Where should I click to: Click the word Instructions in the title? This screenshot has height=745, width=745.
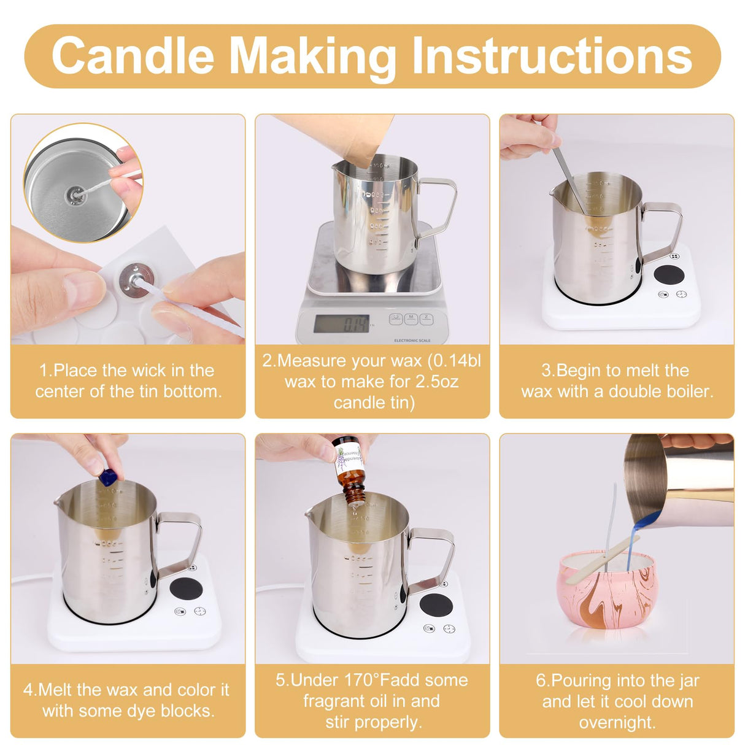552,56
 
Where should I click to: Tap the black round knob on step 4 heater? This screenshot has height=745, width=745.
186,588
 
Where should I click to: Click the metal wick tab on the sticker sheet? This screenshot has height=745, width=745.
136,279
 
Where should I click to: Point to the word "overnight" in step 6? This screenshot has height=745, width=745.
617,722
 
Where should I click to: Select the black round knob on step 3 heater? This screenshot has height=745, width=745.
670,274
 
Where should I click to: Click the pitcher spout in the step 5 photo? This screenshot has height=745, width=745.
311,511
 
